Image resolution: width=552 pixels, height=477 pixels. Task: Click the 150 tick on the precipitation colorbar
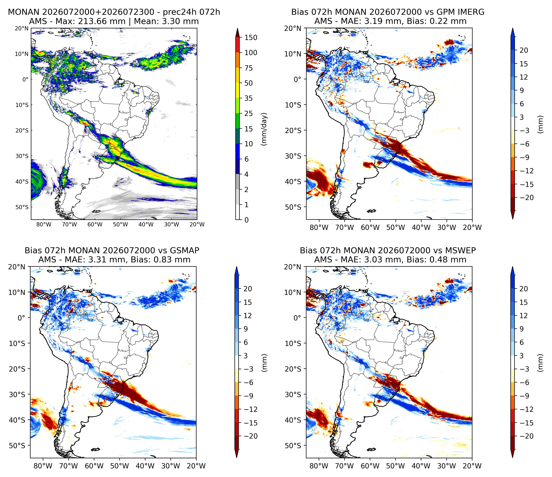tap(251, 38)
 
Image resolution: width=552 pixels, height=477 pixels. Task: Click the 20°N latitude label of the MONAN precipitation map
tap(21, 28)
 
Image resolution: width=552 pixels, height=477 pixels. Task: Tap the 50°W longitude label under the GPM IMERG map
tap(396, 227)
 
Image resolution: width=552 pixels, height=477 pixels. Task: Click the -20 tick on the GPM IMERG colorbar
tap(526, 198)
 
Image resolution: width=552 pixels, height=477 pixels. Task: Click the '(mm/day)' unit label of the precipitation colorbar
tap(264, 129)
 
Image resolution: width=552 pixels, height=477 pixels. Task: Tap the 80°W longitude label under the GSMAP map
tap(43, 466)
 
